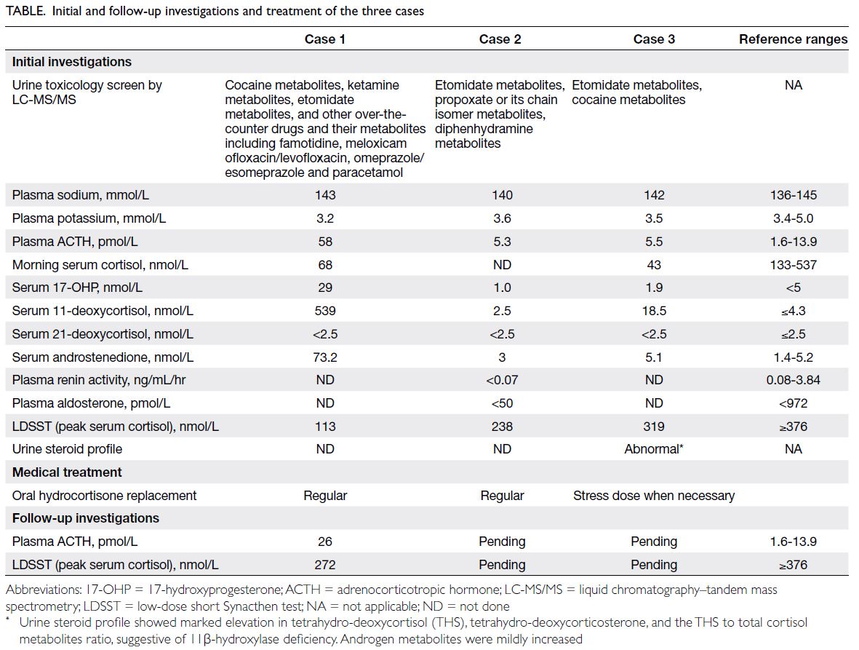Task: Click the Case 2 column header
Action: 500,39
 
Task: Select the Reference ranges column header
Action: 793,39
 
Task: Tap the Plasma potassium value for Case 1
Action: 325,218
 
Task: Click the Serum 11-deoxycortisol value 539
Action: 325,311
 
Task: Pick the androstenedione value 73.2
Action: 325,357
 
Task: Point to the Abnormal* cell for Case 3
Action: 654,449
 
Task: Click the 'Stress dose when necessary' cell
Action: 654,496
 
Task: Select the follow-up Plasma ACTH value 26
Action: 325,542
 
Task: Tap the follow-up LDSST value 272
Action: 325,565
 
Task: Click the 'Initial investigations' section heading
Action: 72,62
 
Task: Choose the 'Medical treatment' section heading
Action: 67,472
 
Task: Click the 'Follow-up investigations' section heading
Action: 85,518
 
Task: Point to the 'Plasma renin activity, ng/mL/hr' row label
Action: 99,381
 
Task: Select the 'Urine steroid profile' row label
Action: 67,449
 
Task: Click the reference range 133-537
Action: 793,265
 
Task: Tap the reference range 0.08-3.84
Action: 793,381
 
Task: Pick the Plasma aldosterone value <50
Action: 502,403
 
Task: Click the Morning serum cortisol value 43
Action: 654,265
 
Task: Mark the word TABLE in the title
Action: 25,11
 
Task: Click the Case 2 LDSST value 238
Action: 502,427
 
